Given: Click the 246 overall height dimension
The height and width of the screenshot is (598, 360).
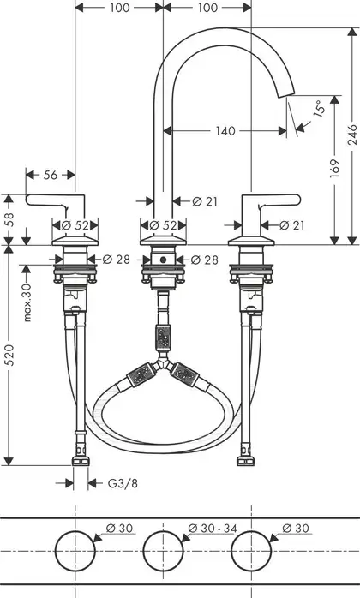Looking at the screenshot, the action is click(x=352, y=135).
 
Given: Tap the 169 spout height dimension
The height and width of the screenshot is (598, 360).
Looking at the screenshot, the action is click(x=335, y=168).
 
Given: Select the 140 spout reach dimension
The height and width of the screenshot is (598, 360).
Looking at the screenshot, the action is click(x=225, y=131).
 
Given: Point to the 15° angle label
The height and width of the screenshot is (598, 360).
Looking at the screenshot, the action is click(x=319, y=108).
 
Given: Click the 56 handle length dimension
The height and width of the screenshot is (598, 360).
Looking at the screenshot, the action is click(x=50, y=175).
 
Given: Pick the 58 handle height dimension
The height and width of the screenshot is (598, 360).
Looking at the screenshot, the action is click(x=9, y=219).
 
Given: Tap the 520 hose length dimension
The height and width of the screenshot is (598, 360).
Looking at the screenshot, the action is click(x=9, y=355).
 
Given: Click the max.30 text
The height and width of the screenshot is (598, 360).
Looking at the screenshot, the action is click(x=27, y=302).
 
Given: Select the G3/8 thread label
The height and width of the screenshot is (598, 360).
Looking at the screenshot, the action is click(x=123, y=483).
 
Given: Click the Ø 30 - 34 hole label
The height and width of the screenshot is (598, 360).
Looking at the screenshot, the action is click(x=213, y=529).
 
